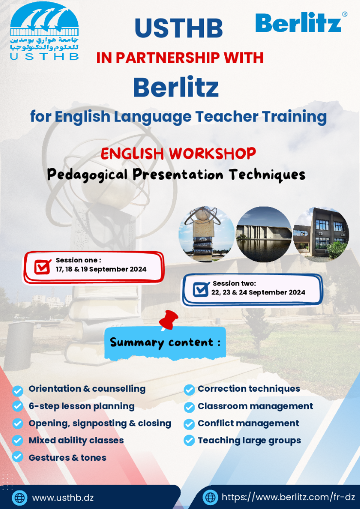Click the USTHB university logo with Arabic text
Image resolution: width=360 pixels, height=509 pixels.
[x=44, y=31]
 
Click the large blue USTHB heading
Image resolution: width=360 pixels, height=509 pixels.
[x=179, y=28]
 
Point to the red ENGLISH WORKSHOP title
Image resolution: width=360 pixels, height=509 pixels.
[x=178, y=154]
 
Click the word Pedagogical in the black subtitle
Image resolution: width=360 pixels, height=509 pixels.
[x=88, y=175]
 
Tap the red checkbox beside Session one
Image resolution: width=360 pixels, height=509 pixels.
[x=43, y=267]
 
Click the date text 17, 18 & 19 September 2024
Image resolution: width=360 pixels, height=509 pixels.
[x=101, y=270]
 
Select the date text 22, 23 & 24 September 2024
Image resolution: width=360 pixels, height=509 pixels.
[x=258, y=292]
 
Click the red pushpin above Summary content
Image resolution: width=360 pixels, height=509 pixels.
[x=168, y=320]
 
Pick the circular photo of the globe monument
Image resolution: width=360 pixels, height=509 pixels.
[x=206, y=234]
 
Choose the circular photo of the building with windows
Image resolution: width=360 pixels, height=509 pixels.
[x=321, y=234]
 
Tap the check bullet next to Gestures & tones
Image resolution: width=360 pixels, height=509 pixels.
[x=18, y=457]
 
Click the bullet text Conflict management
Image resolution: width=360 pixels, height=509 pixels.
[x=248, y=423]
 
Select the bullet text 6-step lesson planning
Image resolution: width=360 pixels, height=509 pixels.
[x=81, y=406]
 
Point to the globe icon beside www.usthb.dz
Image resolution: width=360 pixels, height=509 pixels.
[x=20, y=498]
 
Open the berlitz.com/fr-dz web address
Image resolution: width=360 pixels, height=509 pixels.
[x=288, y=497]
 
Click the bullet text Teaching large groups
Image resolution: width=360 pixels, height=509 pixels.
[x=249, y=440]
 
